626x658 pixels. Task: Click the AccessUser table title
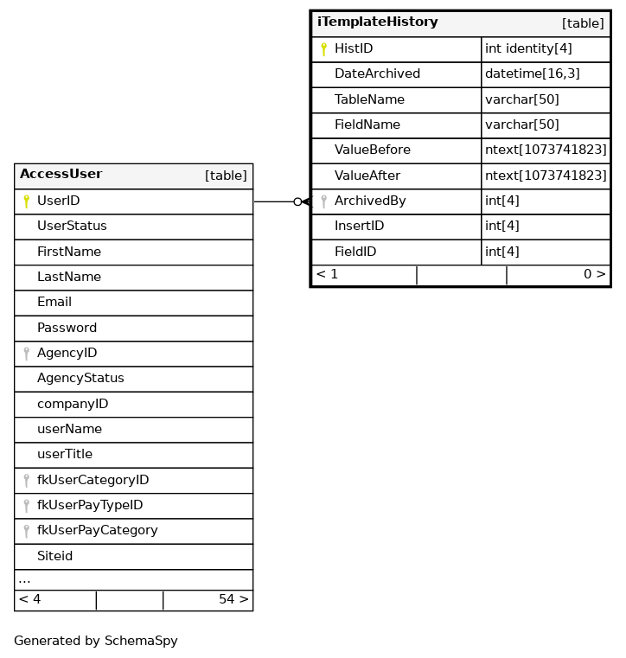click(x=61, y=175)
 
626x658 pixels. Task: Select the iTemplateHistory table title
click(x=377, y=22)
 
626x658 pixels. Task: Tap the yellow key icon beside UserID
click(x=26, y=201)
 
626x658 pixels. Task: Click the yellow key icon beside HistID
click(x=323, y=49)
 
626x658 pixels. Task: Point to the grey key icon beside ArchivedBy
click(x=323, y=201)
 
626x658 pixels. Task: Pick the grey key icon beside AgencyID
click(x=26, y=354)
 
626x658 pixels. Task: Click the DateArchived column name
click(x=377, y=74)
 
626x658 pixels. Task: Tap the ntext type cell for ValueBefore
click(x=546, y=150)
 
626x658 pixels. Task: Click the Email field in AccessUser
click(x=54, y=303)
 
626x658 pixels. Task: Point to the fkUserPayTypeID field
click(x=90, y=506)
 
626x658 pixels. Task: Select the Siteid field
click(x=54, y=557)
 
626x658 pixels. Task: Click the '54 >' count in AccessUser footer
click(x=233, y=600)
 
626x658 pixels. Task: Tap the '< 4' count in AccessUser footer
click(x=29, y=600)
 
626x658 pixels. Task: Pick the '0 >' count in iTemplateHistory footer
click(x=594, y=275)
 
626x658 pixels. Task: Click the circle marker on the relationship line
click(x=297, y=201)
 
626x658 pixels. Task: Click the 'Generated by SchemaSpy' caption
click(x=96, y=642)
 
